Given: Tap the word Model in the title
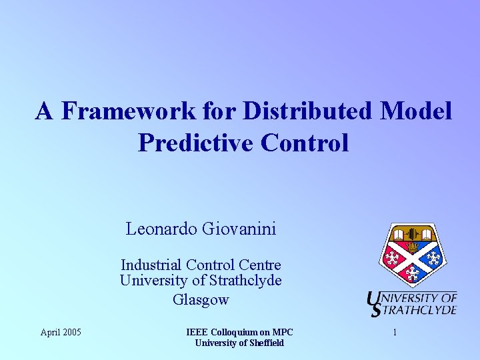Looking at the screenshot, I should coord(416,111).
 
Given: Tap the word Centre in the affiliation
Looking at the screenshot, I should coord(258,265).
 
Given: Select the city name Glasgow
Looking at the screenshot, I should coord(201,299).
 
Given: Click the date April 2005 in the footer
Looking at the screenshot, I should coord(61,332).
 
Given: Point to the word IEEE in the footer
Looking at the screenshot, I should coord(198,332).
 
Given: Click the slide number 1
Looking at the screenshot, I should coord(395,332).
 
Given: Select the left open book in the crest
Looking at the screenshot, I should coord(399,235).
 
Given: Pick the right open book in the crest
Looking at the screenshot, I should coord(427,235).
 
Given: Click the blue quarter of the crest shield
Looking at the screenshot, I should coord(432,258).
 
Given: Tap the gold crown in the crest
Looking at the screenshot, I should coord(413,246).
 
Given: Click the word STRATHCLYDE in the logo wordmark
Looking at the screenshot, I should coord(419,309).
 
